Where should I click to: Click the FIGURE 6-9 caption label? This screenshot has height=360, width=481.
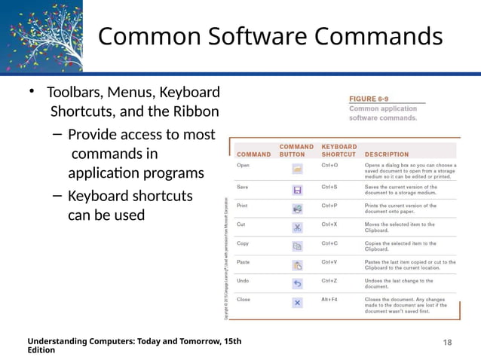369,99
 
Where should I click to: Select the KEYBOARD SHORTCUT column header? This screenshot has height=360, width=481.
339,150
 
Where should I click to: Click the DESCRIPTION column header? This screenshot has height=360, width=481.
387,154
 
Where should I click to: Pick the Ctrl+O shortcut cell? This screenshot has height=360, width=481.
329,164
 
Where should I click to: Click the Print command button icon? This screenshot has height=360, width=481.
297,208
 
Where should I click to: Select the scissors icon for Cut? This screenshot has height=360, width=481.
297,227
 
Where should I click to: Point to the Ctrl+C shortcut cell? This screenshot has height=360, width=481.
329,243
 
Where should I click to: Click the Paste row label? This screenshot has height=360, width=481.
244,262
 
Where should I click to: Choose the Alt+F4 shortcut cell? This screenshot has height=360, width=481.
329,299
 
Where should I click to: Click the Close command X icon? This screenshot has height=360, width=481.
297,303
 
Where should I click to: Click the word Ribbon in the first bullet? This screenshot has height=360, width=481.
198,112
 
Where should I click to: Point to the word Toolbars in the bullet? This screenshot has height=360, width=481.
75,93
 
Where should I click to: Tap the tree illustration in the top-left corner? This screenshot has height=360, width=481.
39,38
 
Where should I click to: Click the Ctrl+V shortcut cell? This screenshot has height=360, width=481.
329,262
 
